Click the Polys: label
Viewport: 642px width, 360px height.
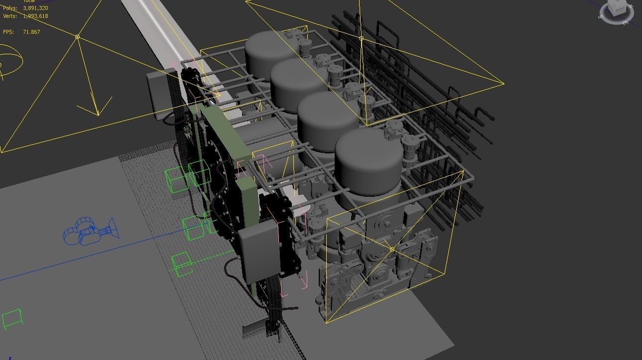(x=10, y=8)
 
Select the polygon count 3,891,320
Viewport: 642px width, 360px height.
(x=35, y=8)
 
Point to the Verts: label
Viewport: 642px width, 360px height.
(x=10, y=16)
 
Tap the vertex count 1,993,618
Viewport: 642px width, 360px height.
(x=35, y=16)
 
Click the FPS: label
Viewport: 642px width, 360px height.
(x=8, y=32)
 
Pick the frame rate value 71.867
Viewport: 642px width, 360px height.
(x=31, y=32)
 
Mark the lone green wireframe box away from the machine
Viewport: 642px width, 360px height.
(x=12, y=319)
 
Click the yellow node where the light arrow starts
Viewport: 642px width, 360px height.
(x=77, y=37)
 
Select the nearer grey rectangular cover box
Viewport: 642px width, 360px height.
(x=257, y=253)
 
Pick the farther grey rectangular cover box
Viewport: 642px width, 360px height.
(x=159, y=95)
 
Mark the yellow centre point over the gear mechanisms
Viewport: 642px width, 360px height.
(x=392, y=249)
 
